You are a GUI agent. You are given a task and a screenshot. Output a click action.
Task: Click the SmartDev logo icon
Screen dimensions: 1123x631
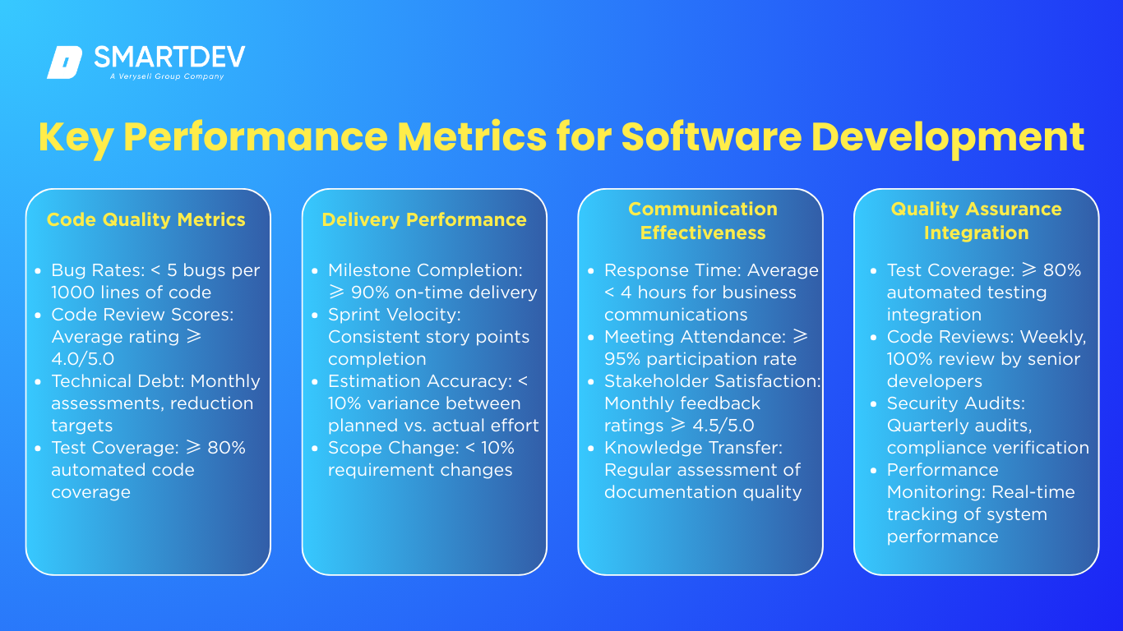65,62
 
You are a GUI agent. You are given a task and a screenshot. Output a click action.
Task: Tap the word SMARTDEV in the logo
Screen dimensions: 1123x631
169,57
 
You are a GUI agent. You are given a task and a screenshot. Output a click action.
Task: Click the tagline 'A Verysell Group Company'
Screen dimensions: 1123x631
167,76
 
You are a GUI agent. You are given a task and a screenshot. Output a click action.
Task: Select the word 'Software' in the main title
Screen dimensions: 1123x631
711,136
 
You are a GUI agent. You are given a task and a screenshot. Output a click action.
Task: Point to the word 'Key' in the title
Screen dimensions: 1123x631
76,138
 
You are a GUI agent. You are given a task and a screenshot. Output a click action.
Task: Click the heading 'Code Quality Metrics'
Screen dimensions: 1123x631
146,219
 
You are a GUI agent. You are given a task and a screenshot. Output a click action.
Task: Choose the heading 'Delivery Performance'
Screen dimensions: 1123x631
424,219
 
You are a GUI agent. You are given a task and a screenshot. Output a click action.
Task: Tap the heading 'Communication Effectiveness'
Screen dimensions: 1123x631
703,220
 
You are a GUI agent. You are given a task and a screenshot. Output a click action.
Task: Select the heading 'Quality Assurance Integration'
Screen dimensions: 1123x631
976,220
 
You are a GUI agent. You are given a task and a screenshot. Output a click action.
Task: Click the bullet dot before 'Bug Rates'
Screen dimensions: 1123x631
38,271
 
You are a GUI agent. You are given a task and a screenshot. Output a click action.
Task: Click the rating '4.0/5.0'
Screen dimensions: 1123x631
83,359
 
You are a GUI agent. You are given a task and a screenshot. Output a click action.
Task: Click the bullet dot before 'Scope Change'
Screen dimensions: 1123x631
315,449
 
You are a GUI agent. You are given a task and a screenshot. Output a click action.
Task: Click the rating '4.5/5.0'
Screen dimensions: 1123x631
723,426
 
